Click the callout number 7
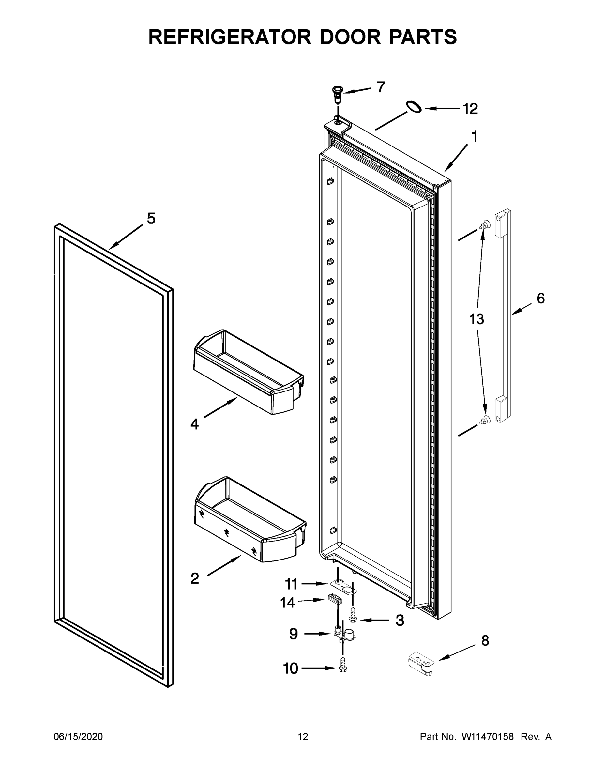click(x=381, y=87)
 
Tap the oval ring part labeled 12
click(x=414, y=107)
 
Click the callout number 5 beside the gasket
click(x=151, y=218)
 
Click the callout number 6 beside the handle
click(x=540, y=298)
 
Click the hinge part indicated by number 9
click(x=343, y=634)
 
